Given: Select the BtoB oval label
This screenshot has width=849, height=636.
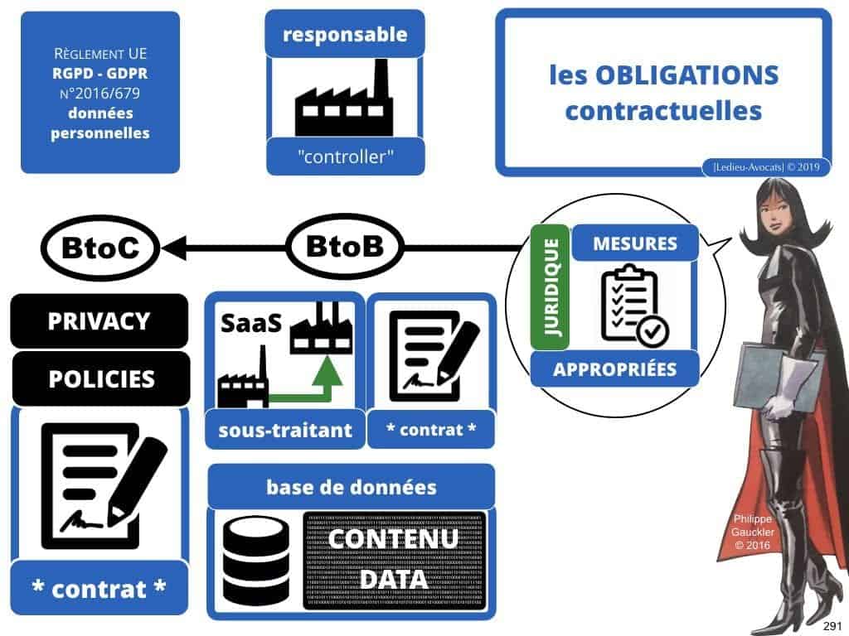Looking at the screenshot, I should [x=344, y=248].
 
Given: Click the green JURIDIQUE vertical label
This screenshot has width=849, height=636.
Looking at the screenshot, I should [x=550, y=287].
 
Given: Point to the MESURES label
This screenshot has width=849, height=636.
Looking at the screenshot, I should [x=635, y=244].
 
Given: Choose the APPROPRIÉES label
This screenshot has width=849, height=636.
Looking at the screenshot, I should [x=614, y=369].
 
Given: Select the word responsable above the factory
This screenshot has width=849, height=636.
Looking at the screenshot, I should [x=345, y=35].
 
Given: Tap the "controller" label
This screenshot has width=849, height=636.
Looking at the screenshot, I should [x=345, y=156].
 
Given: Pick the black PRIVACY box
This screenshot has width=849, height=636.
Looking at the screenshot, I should [x=99, y=320].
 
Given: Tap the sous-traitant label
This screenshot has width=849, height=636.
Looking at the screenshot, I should [x=285, y=430].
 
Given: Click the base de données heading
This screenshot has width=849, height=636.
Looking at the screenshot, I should [x=351, y=487].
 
